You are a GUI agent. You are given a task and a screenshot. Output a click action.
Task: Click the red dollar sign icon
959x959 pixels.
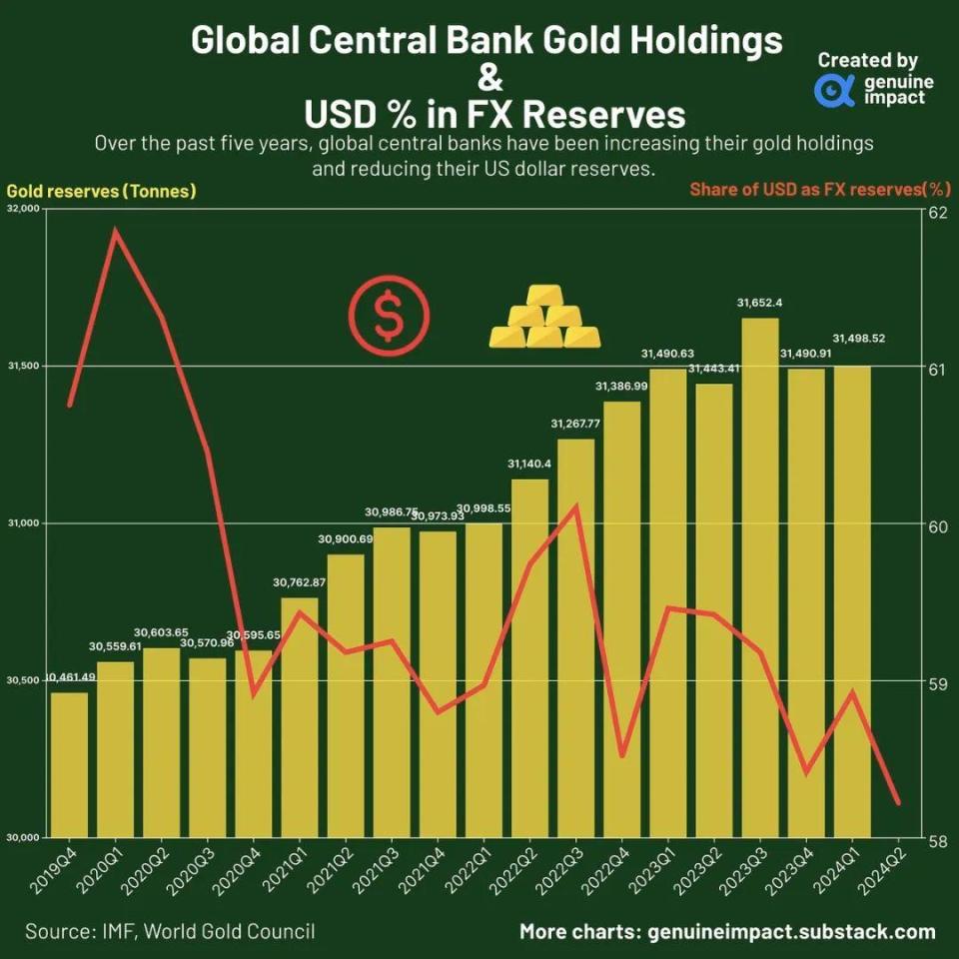389,318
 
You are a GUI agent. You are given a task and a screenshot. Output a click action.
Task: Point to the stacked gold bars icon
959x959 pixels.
545,318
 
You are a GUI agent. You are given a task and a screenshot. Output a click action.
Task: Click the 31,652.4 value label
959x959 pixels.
759,303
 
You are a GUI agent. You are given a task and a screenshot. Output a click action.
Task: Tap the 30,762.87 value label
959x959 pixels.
300,582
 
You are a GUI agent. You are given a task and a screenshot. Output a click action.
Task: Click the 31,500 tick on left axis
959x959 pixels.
23,367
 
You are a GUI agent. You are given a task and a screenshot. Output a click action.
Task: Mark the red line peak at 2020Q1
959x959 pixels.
116,232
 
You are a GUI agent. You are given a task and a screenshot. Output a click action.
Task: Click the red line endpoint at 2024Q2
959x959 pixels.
898,802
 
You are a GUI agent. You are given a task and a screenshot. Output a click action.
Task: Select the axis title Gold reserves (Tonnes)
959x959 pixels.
101,191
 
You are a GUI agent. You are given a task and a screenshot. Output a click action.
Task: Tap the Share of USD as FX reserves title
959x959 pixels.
819,190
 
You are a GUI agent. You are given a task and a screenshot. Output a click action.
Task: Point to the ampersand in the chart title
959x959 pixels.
486,78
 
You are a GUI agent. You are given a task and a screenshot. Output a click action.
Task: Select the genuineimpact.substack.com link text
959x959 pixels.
791,932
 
